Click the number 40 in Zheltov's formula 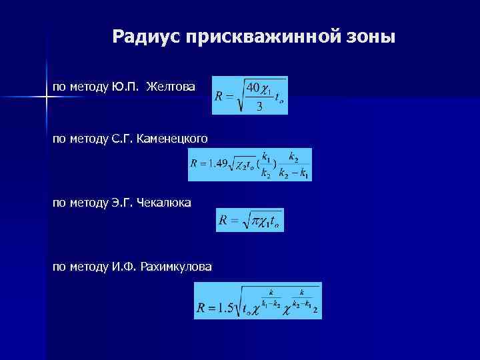tap(253, 87)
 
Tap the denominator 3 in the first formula tap(259, 105)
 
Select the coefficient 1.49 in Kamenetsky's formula tap(219, 163)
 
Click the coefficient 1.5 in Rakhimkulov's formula tap(227, 307)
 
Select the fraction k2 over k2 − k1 tap(294, 165)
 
